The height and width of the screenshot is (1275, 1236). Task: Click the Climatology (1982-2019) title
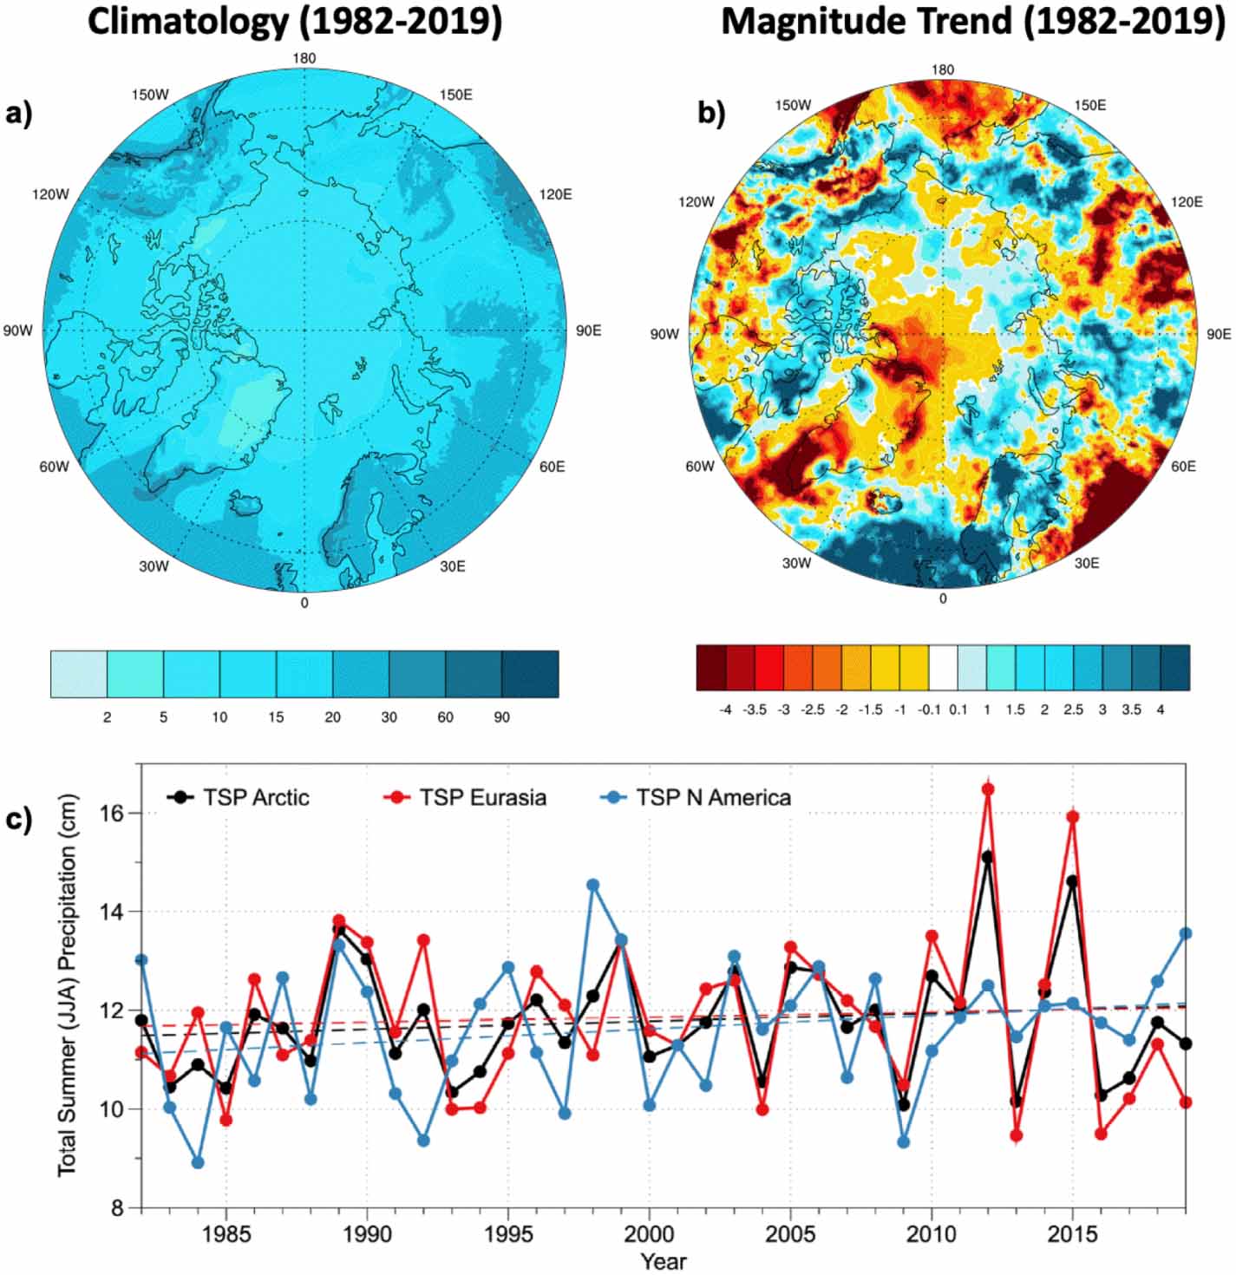pyautogui.click(x=295, y=22)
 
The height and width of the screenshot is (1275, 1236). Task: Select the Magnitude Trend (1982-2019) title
pyautogui.click(x=972, y=22)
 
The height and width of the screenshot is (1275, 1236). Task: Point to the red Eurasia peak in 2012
pyautogui.click(x=987, y=789)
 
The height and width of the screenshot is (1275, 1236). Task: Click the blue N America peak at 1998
pyautogui.click(x=593, y=885)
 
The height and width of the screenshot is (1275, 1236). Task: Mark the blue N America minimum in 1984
pyautogui.click(x=198, y=1162)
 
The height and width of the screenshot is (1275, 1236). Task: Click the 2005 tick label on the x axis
pyautogui.click(x=790, y=1233)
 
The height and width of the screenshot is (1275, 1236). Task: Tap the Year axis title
pyautogui.click(x=664, y=1260)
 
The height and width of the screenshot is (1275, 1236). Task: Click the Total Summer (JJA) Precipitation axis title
pyautogui.click(x=68, y=985)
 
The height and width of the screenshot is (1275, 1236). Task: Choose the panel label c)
pyautogui.click(x=18, y=819)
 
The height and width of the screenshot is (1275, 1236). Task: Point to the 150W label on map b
pyautogui.click(x=793, y=105)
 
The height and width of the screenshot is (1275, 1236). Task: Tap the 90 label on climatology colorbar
pyautogui.click(x=501, y=717)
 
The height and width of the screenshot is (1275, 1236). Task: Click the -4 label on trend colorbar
pyautogui.click(x=725, y=709)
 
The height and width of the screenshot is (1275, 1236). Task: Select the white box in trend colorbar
pyautogui.click(x=943, y=667)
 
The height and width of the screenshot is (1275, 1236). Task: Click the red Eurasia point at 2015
pyautogui.click(x=1072, y=816)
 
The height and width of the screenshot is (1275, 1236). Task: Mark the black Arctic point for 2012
pyautogui.click(x=987, y=857)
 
